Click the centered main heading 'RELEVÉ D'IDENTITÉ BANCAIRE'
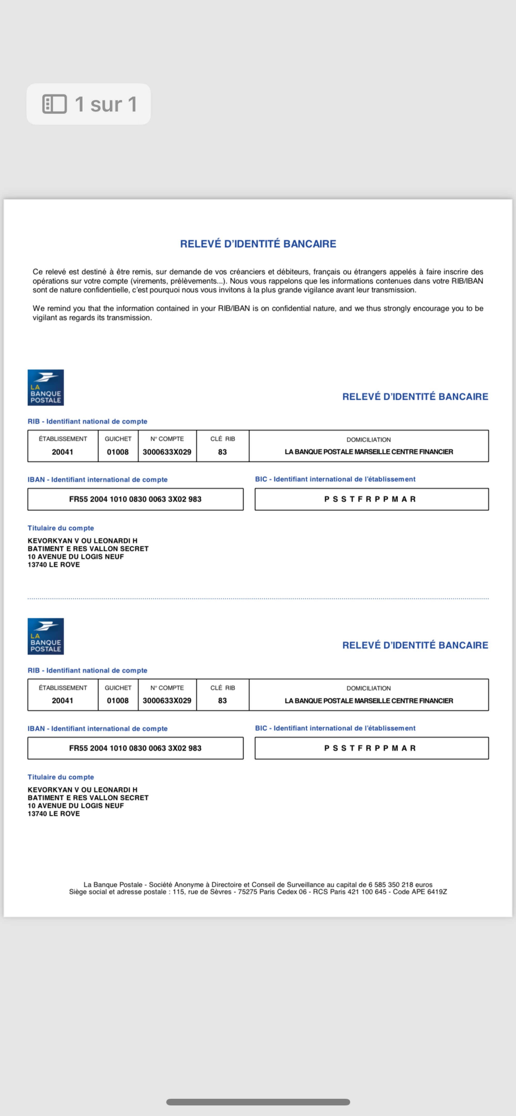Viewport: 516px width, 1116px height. [x=258, y=244]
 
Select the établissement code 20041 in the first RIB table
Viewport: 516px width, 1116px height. [x=62, y=452]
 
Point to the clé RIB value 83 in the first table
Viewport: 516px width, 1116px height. [x=222, y=452]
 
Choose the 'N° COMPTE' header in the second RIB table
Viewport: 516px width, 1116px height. [x=167, y=688]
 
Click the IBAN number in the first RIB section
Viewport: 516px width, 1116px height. [x=135, y=499]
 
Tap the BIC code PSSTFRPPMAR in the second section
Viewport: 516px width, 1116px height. [x=370, y=748]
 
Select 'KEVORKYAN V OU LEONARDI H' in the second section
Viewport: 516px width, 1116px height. [x=82, y=790]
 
